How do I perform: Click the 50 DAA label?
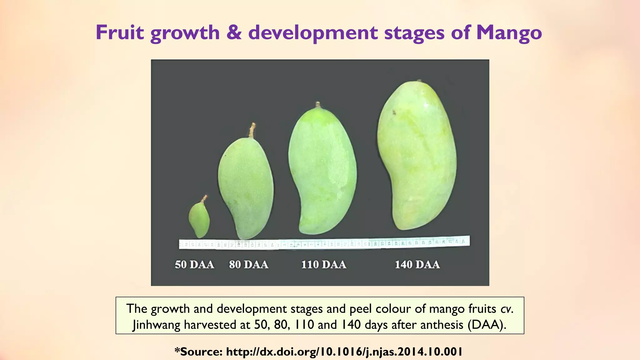(x=194, y=265)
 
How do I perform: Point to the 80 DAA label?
(x=249, y=265)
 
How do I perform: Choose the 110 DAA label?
(x=324, y=265)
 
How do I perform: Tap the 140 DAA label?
(x=417, y=265)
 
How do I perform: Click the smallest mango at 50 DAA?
(x=199, y=219)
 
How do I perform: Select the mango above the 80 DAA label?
(x=246, y=187)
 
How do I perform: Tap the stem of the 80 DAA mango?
(x=252, y=130)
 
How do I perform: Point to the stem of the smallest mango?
(x=204, y=198)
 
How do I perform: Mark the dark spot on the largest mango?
(x=394, y=112)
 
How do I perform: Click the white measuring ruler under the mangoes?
(x=324, y=243)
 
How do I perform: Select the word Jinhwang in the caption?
(x=157, y=325)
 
